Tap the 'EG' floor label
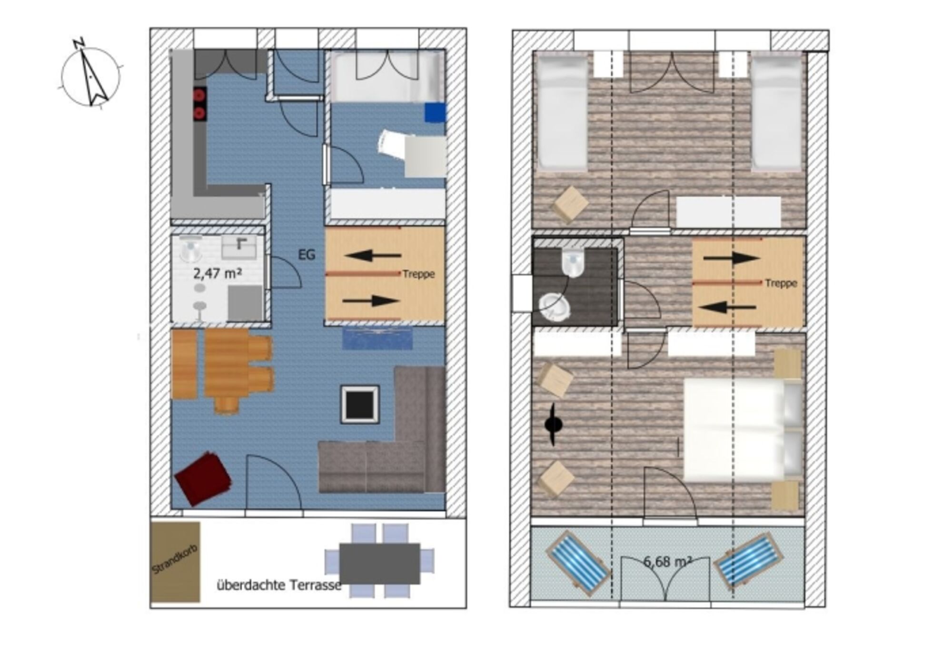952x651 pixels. point(307,255)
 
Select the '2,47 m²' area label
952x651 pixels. point(217,273)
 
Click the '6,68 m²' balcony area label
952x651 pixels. point(667,562)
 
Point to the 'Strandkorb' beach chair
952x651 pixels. point(175,562)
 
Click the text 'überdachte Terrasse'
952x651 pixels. point(279,585)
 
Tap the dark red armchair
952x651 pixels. point(203,478)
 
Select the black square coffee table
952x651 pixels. point(360,404)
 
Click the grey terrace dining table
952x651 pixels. point(380,564)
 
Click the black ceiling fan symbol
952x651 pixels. point(553,425)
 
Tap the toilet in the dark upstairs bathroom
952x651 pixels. point(573,263)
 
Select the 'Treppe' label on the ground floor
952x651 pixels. point(418,274)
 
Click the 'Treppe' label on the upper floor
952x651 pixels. point(781,283)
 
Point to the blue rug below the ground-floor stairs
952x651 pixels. point(377,338)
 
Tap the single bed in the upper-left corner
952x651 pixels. point(562,111)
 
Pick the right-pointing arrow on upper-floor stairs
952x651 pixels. point(731,258)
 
